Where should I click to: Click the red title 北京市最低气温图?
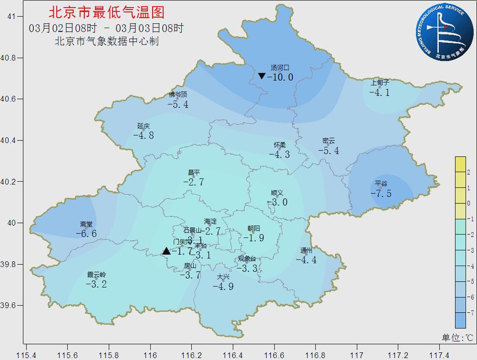click(x=106, y=12)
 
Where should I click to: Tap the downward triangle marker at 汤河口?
click(x=262, y=76)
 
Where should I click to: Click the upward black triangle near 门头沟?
click(x=166, y=251)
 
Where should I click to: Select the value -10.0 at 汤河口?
click(x=280, y=77)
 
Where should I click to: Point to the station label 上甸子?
click(x=380, y=83)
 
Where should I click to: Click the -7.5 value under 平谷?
click(x=381, y=193)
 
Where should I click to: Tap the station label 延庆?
click(x=144, y=126)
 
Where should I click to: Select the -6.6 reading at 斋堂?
click(x=86, y=233)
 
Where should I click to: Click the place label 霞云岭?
click(x=96, y=275)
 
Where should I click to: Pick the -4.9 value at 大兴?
click(x=223, y=286)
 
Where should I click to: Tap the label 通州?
click(x=306, y=251)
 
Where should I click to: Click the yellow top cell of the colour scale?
click(x=460, y=164)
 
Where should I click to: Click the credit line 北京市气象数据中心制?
click(x=106, y=41)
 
